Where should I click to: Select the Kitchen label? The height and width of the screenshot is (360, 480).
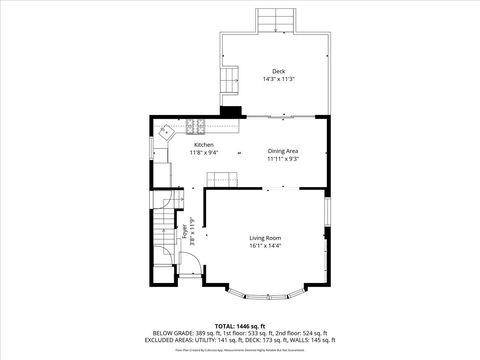point(205,145)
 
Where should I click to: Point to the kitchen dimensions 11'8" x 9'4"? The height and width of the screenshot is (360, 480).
point(205,153)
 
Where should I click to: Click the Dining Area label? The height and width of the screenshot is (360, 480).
point(283,151)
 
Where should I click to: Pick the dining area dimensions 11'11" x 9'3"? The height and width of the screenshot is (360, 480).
point(283,158)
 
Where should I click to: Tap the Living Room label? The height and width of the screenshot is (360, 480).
point(265,238)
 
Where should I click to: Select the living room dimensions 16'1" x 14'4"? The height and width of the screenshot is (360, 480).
point(265,245)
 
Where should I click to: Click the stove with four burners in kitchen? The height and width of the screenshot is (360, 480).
point(193,126)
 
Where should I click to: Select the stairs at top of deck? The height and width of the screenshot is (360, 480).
point(275,21)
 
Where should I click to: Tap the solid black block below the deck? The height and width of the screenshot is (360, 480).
point(231,112)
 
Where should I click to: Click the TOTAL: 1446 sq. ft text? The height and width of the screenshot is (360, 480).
point(240,326)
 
